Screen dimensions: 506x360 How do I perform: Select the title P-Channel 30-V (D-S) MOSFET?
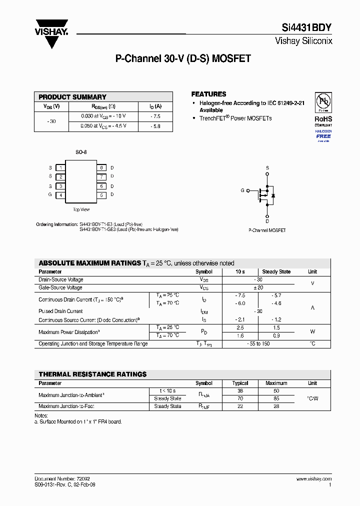pyautogui.click(x=183, y=58)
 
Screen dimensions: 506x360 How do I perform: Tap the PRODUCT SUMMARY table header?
pyautogui.click(x=72, y=97)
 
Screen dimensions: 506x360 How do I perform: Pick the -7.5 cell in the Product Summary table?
pyautogui.click(x=155, y=116)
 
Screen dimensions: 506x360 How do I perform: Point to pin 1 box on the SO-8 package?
pyautogui.click(x=60, y=168)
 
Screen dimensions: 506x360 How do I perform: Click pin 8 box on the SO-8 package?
pyautogui.click(x=101, y=168)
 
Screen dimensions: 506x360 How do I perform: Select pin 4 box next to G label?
pyautogui.click(x=60, y=195)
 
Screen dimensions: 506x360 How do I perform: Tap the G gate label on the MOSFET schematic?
pyautogui.click(x=242, y=190)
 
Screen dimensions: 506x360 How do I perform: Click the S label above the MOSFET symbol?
pyautogui.click(x=267, y=167)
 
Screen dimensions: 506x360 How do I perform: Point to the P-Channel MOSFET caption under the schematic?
pyautogui.click(x=267, y=230)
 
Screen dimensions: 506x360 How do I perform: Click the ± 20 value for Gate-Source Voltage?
pyautogui.click(x=258, y=288)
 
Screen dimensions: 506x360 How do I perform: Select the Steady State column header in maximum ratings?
pyautogui.click(x=276, y=272)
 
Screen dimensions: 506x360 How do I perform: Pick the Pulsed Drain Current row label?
pyautogui.click(x=61, y=311)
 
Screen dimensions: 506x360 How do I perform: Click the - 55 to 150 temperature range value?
pyautogui.click(x=258, y=344)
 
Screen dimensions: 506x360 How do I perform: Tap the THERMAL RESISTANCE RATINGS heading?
pyautogui.click(x=92, y=374)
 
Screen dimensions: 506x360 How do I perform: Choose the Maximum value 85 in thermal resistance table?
pyautogui.click(x=276, y=399)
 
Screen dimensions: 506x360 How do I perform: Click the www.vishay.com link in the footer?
pyautogui.click(x=314, y=479)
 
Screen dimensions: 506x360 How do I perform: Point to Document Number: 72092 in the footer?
pyautogui.click(x=62, y=479)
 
